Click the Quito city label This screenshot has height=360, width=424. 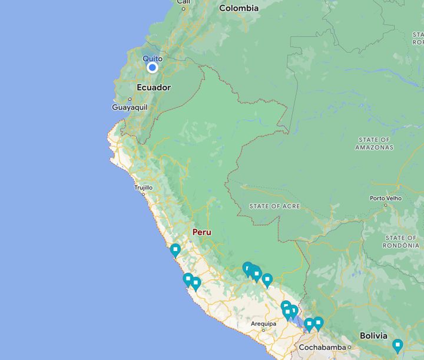coord(152,58)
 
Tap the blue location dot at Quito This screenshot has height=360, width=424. coord(153,68)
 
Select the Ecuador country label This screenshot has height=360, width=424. coord(153,87)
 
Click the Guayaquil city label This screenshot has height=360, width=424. coord(129,107)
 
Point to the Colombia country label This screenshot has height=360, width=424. coord(238,8)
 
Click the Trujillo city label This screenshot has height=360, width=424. coord(143,187)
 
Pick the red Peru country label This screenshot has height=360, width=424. coord(201,232)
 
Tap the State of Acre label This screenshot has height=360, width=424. coord(274,206)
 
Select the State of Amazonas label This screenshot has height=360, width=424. coord(374,143)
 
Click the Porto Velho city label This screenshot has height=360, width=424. coord(386,198)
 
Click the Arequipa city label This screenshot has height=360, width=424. coord(263,323)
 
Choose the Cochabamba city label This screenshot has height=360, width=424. coord(322,347)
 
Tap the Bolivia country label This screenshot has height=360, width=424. coord(374,335)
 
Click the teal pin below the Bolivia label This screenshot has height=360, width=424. coord(397,345)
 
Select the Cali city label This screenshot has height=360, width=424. coord(184,2)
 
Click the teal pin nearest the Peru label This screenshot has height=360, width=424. coord(175,250)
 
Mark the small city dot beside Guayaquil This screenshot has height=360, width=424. coord(130,100)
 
